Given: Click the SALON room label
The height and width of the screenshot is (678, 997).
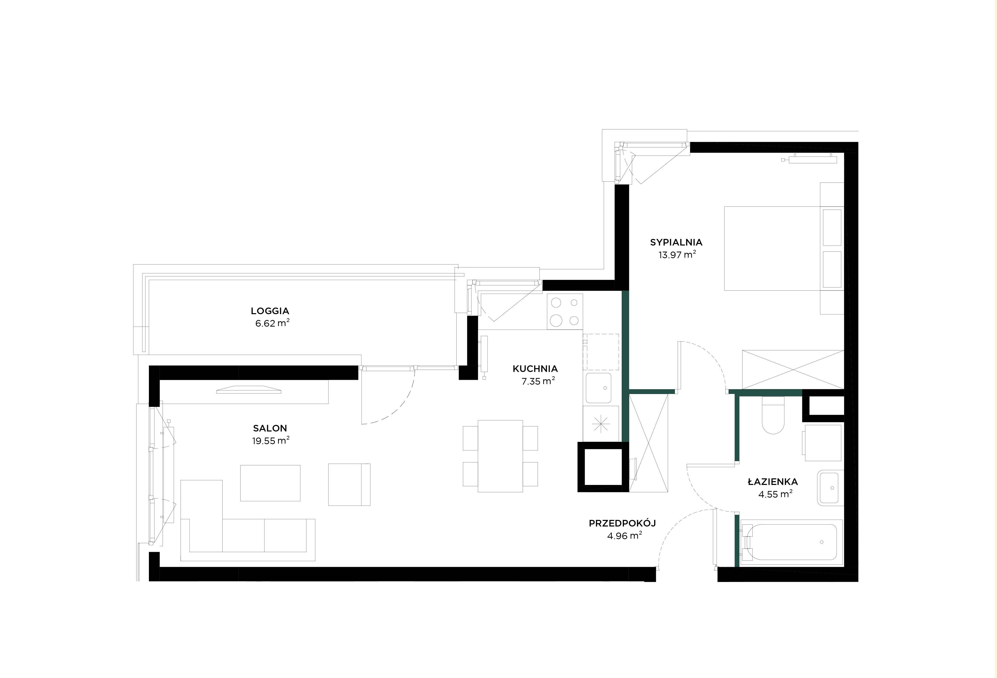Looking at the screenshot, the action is coord(270,428).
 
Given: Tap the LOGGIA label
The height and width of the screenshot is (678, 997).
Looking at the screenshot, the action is coord(270,311).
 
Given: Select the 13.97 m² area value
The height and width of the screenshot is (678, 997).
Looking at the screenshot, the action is coord(677,254).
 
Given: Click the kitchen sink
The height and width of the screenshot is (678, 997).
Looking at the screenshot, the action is coord(598,388).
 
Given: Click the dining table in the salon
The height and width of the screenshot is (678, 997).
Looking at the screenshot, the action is coord(500,456).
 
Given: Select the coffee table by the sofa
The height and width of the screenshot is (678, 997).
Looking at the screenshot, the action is coord(270,483).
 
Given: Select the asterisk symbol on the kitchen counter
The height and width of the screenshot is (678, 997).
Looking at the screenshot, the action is coord(601,424).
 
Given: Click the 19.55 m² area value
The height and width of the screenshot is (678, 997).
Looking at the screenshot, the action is coord(271,441).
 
